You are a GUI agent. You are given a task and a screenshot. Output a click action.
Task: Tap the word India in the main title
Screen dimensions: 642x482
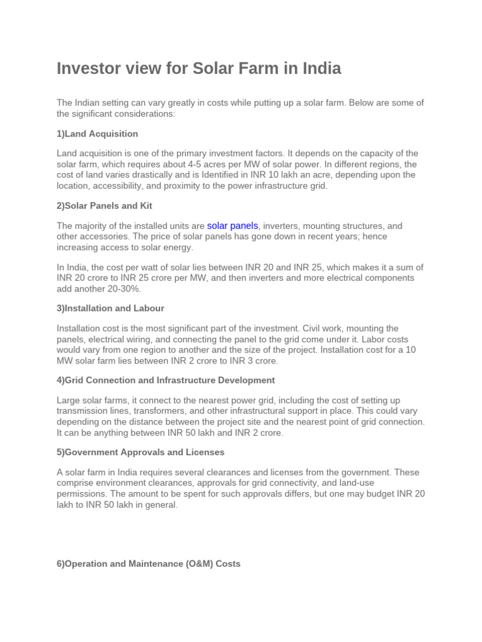[x=319, y=68]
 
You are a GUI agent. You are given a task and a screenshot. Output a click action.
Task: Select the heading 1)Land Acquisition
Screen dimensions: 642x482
[x=97, y=134]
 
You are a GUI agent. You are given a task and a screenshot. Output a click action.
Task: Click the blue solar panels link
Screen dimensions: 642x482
[x=232, y=226]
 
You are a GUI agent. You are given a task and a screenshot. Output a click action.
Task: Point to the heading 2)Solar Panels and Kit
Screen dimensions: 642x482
[x=104, y=206]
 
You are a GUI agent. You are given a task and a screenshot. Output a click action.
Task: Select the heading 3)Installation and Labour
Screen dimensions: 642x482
[x=110, y=308]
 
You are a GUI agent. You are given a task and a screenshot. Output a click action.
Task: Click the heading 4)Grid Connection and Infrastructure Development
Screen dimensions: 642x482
[x=166, y=380]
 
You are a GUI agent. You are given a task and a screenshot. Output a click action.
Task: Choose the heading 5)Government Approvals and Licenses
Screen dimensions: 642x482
[x=141, y=452]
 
